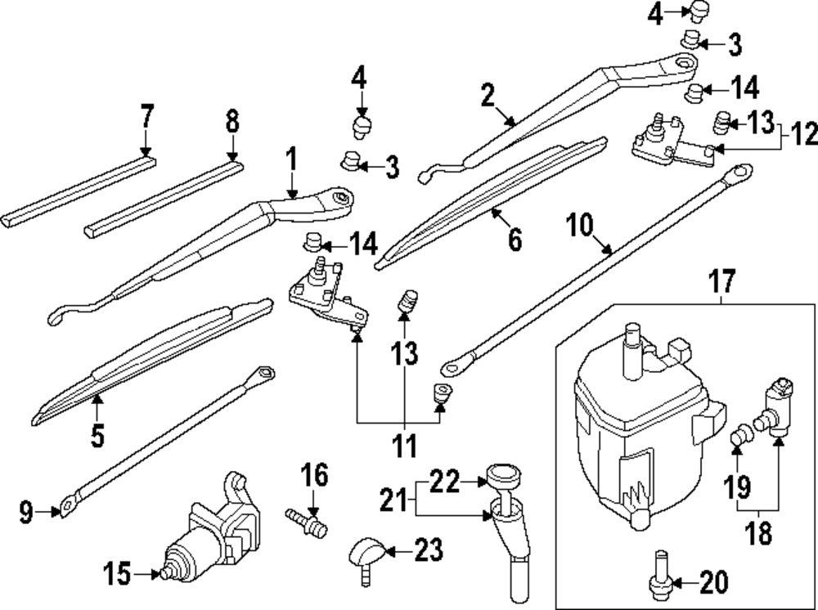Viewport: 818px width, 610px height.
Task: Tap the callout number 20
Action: tap(713, 583)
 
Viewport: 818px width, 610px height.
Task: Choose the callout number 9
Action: tap(26, 514)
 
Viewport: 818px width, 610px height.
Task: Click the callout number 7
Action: tap(146, 117)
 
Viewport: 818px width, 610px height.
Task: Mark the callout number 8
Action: tap(232, 123)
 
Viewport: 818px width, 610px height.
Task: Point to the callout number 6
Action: tap(514, 240)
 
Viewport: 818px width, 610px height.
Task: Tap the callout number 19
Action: tap(737, 488)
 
